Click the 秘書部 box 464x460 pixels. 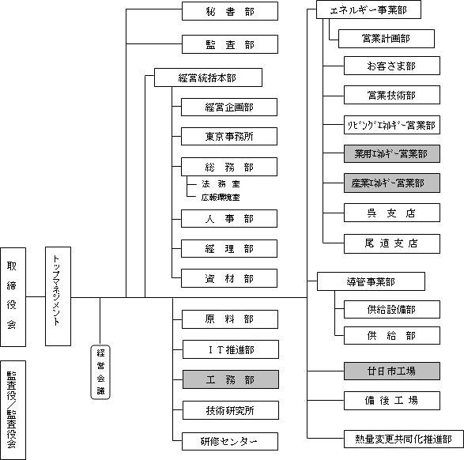pyautogui.click(x=230, y=11)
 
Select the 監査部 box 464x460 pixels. pyautogui.click(x=230, y=44)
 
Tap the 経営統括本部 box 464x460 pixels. pyautogui.click(x=208, y=77)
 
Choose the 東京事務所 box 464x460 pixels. pyautogui.click(x=229, y=137)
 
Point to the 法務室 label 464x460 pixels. pyautogui.click(x=221, y=184)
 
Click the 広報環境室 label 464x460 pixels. pyautogui.click(x=221, y=198)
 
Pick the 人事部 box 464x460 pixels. pyautogui.click(x=229, y=219)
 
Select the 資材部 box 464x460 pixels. pyautogui.click(x=229, y=278)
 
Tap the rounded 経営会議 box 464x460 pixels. pyautogui.click(x=100, y=372)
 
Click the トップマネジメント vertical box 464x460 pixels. pyautogui.click(x=58, y=296)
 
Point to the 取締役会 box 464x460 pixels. pyautogui.click(x=13, y=297)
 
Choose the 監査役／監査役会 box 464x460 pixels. pyautogui.click(x=13, y=410)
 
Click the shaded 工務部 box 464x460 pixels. pyautogui.click(x=231, y=379)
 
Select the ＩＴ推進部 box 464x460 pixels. pyautogui.click(x=231, y=349)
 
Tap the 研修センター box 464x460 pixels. pyautogui.click(x=230, y=441)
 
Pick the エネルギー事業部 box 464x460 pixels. pyautogui.click(x=368, y=9)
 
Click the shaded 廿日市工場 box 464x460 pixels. pyautogui.click(x=392, y=371)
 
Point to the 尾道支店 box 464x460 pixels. pyautogui.click(x=392, y=243)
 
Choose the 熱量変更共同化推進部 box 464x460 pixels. pyautogui.click(x=404, y=439)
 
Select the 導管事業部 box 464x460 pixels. pyautogui.click(x=371, y=281)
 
